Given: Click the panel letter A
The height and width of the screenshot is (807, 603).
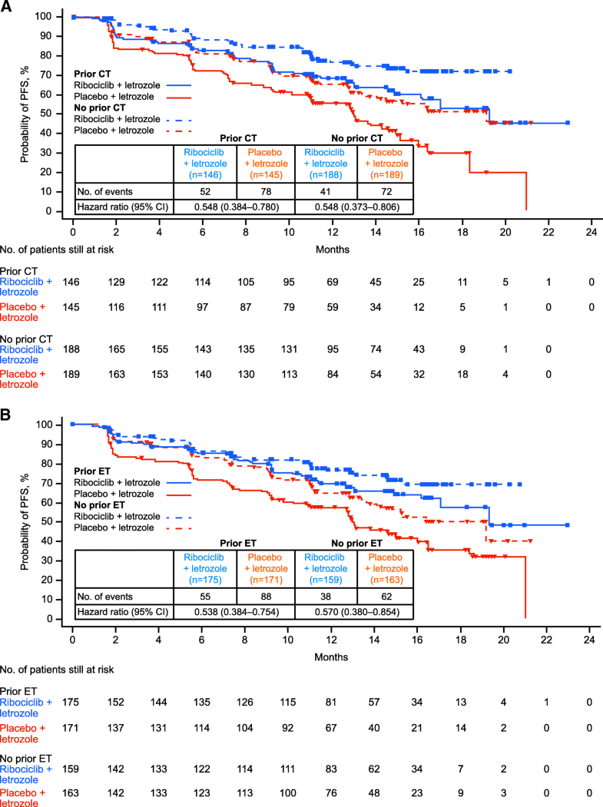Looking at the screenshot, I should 7,6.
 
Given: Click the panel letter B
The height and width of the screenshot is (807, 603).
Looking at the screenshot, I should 7,415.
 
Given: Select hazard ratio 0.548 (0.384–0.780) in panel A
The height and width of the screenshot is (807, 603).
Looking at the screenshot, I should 236,207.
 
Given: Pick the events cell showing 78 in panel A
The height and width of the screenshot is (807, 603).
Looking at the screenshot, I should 265,191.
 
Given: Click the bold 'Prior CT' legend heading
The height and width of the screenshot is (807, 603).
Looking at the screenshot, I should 91,73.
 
